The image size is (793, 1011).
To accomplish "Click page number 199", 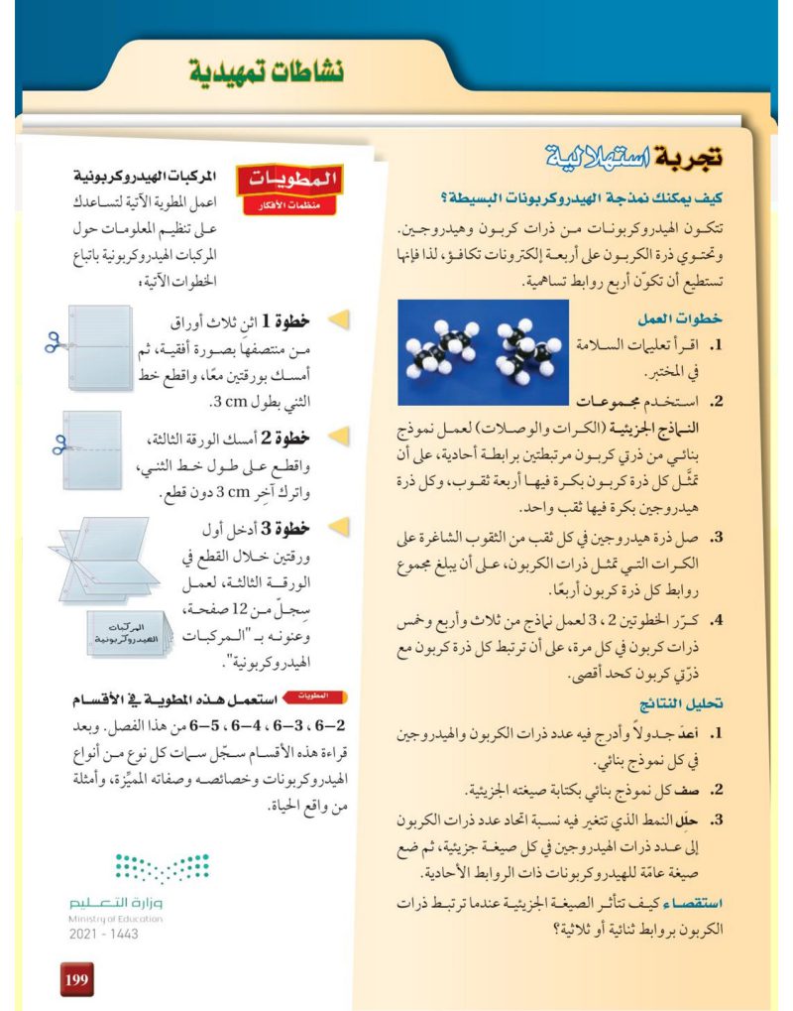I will pyautogui.click(x=76, y=980).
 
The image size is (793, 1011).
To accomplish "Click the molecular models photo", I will pyautogui.click(x=480, y=352).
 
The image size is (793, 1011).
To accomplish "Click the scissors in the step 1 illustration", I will pyautogui.click(x=53, y=341).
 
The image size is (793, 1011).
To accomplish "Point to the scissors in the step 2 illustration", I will pyautogui.click(x=57, y=443).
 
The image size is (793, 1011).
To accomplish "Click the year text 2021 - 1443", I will pyautogui.click(x=104, y=935).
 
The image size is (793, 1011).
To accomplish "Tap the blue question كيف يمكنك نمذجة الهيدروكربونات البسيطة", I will pyautogui.click(x=596, y=196).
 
